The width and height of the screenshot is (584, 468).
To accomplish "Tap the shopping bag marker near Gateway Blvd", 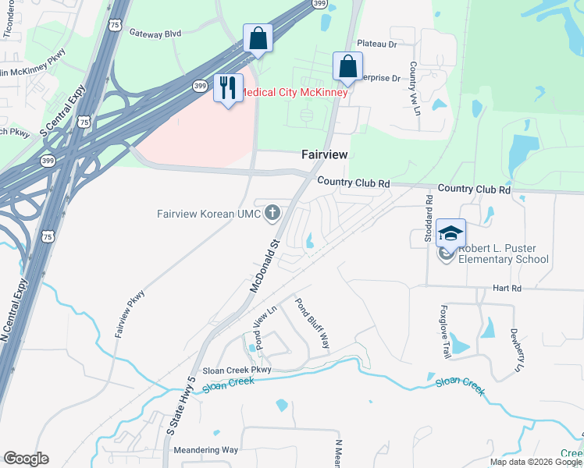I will click(258, 39).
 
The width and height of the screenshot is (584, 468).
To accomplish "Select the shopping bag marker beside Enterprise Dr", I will click(347, 67).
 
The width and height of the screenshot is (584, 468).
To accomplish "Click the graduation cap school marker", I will click(450, 233).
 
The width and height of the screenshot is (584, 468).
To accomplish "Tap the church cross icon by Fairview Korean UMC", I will click(272, 211).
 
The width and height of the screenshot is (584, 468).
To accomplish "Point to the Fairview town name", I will click(325, 155).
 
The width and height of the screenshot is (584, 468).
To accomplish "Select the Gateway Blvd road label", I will click(155, 34).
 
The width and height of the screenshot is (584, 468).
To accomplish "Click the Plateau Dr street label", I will click(377, 44).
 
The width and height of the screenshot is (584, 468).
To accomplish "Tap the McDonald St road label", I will click(265, 266).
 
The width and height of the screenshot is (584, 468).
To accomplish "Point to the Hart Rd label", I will click(506, 288).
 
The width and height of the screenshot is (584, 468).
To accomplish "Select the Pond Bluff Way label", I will click(312, 324).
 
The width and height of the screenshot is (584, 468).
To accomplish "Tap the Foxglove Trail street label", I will click(446, 331).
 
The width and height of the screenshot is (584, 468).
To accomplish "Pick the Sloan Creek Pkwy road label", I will click(236, 370).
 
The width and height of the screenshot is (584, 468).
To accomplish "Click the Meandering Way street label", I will click(205, 450).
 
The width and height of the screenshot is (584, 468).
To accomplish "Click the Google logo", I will click(26, 459).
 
